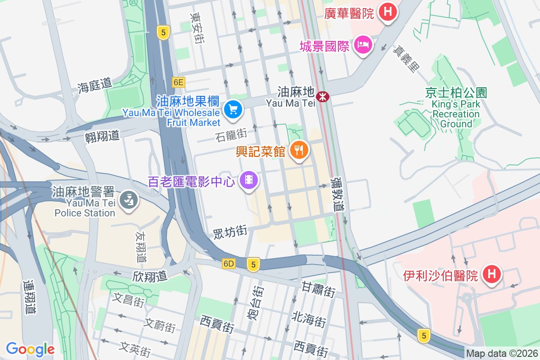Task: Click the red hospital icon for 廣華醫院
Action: (387, 11)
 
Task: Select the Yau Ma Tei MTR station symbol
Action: (322, 96)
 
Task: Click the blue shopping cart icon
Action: (233, 109)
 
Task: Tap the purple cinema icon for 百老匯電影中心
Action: (249, 180)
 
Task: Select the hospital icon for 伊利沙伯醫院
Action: (491, 274)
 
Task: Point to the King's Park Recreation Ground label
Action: (456, 108)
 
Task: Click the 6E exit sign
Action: (179, 82)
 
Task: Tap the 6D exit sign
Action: (229, 264)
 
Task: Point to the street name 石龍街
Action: (231, 134)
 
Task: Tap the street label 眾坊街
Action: (230, 232)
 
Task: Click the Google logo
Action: (30, 349)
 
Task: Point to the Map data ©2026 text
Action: (502, 354)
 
